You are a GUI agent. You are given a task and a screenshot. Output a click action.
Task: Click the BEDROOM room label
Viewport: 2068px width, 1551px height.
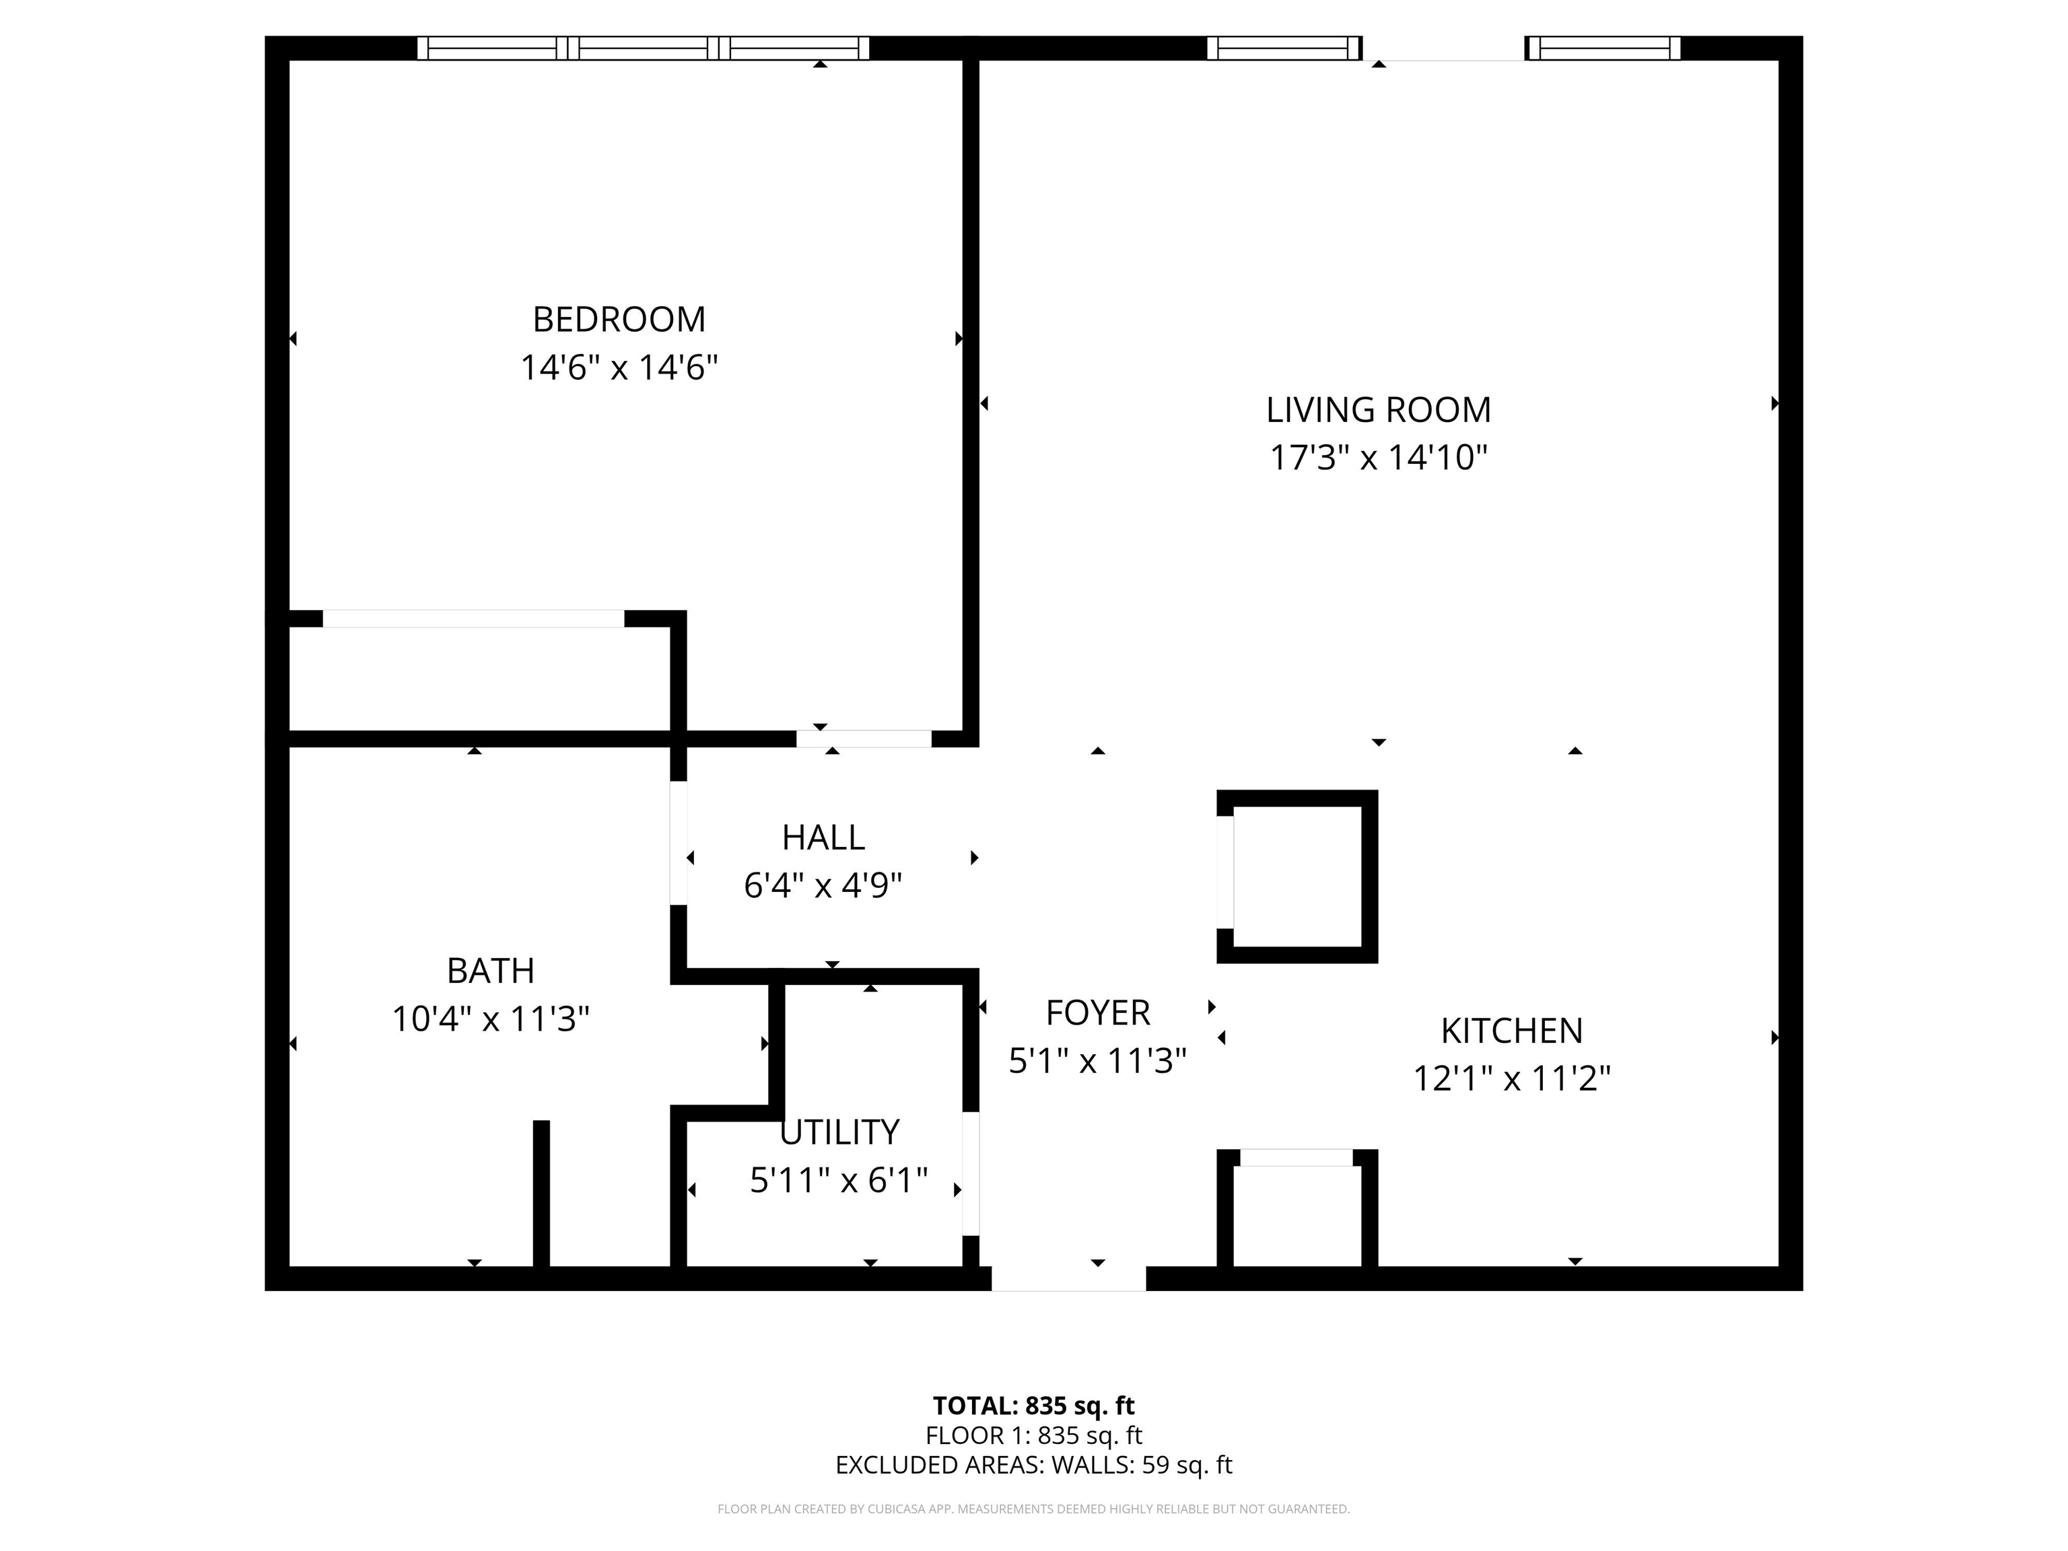(x=619, y=320)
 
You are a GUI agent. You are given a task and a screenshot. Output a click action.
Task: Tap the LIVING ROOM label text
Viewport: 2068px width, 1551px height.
(x=1378, y=411)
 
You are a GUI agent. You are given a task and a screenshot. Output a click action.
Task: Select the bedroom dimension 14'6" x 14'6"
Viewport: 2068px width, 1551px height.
(x=619, y=368)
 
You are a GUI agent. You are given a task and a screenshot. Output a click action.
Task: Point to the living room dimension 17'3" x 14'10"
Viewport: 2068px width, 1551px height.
(x=1378, y=458)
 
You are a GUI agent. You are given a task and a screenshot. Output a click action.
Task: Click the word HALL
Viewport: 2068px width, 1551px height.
(x=823, y=837)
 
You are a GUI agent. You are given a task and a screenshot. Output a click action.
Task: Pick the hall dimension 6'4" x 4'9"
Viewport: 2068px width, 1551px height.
(x=823, y=885)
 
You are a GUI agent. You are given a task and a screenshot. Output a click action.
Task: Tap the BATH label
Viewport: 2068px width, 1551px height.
(x=491, y=971)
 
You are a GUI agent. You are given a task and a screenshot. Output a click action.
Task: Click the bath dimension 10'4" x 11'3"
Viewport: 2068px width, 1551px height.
(x=491, y=1019)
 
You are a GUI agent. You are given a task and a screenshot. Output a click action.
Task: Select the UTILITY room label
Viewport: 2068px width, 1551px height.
(x=839, y=1132)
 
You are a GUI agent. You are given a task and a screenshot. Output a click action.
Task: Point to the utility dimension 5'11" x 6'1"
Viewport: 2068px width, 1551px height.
(x=839, y=1181)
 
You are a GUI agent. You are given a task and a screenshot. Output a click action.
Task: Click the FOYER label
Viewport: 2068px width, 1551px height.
(x=1097, y=1012)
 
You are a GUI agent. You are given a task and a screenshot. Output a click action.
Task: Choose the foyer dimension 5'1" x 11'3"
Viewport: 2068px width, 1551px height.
(x=1097, y=1060)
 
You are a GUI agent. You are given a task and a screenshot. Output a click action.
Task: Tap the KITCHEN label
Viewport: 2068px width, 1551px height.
(x=1512, y=1031)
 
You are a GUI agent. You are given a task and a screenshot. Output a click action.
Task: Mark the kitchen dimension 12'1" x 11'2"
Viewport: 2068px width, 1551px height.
(x=1512, y=1079)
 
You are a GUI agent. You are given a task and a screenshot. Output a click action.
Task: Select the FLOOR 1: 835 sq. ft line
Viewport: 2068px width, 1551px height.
(x=1034, y=1435)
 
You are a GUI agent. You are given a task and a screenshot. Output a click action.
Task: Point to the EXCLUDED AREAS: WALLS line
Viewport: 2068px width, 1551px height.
(x=1034, y=1465)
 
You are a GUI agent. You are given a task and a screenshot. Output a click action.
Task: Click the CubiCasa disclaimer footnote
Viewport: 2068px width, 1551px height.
(x=1034, y=1509)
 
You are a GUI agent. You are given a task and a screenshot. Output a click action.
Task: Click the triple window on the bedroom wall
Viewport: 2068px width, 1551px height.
(x=643, y=48)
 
